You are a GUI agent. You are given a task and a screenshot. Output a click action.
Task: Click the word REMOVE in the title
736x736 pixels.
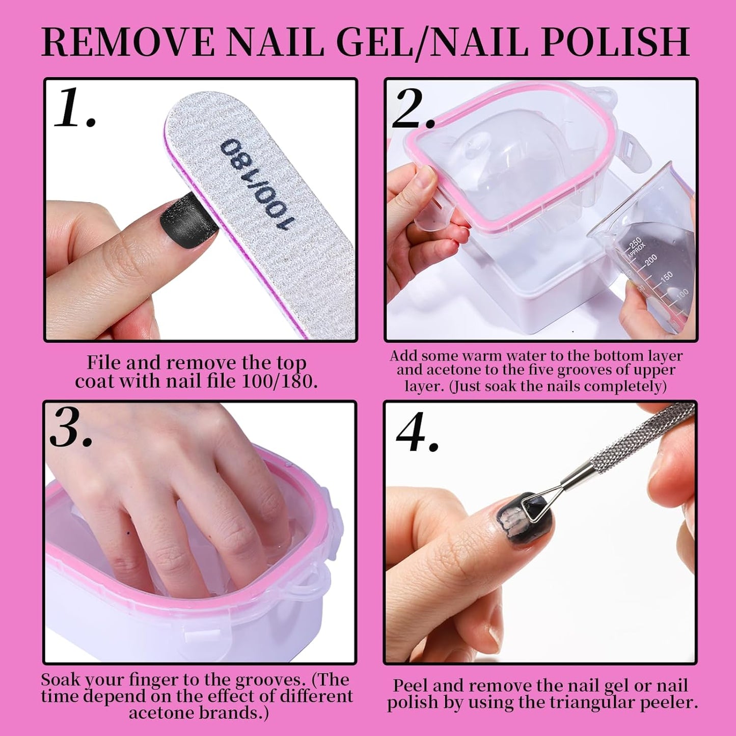128,42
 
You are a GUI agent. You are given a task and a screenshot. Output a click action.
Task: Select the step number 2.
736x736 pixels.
413,109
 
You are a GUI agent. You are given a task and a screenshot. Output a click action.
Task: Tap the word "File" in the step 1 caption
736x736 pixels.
103,363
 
